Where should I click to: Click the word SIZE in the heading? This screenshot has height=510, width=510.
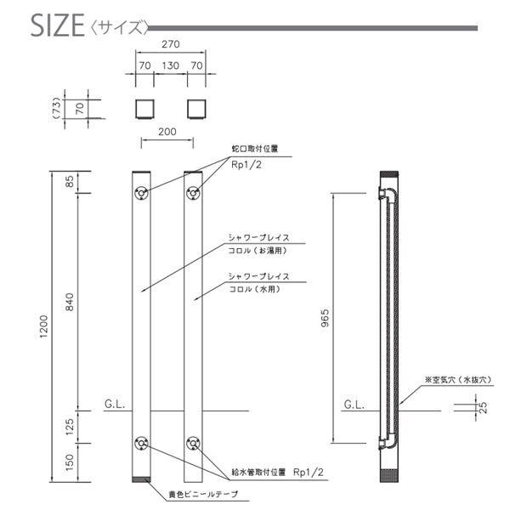[x=56, y=25]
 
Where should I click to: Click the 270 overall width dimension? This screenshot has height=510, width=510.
[x=170, y=48]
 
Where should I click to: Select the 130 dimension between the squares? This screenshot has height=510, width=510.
[x=170, y=65]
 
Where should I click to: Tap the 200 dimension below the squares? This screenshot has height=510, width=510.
[x=169, y=133]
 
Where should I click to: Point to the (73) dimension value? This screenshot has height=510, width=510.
[x=56, y=108]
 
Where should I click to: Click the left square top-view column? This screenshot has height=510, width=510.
[x=144, y=109]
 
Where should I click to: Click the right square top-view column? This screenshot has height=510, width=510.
[x=196, y=109]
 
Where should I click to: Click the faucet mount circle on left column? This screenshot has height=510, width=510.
[x=141, y=192]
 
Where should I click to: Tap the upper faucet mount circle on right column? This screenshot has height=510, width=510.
[x=193, y=192]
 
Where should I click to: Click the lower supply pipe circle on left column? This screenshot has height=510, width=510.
[x=141, y=443]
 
